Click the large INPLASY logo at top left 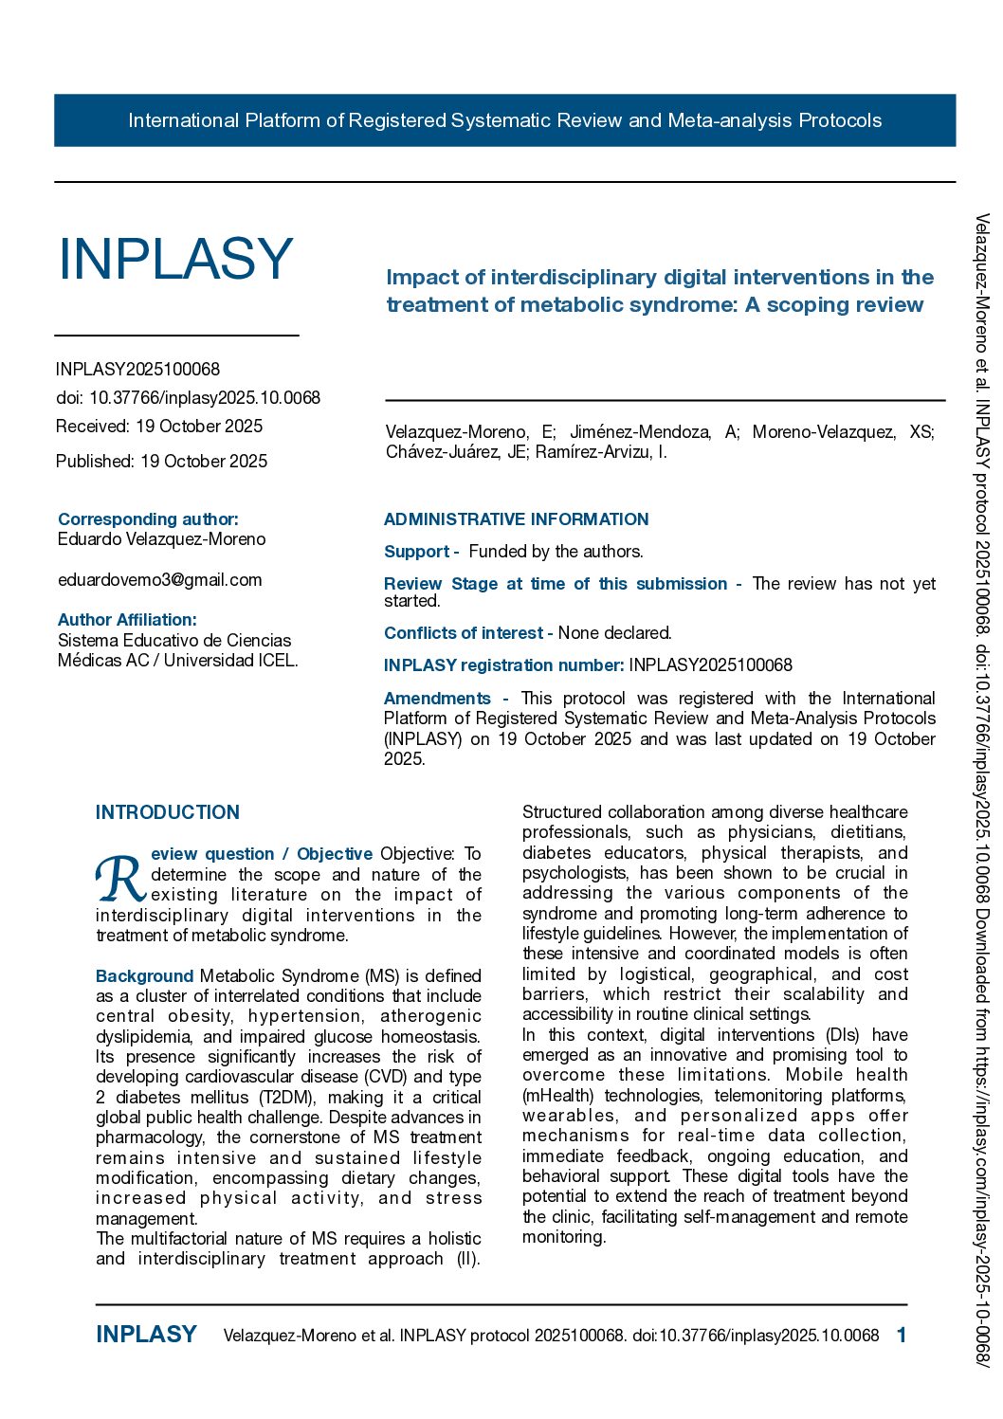pos(175,258)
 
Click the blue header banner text pos(504,120)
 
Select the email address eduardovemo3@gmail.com pos(159,579)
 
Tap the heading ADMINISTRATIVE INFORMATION pos(516,519)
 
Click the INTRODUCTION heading pos(168,812)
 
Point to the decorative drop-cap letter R pos(120,881)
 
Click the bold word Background pos(144,975)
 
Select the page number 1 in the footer pos(902,1335)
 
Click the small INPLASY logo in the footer pos(146,1335)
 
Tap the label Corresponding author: pos(148,519)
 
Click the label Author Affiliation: pos(127,620)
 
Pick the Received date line pos(159,427)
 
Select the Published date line pos(161,462)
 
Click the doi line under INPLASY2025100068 pos(188,398)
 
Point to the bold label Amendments pos(437,699)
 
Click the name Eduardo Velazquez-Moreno pos(161,539)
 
